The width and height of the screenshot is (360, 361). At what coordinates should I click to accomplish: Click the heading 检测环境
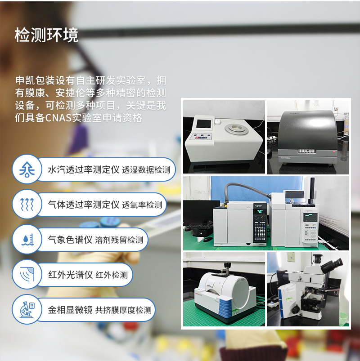[x=46, y=35]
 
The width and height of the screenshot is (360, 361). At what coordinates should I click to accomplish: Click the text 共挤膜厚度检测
[x=123, y=310]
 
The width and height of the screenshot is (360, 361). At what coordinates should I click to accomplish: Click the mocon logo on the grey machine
[x=307, y=151]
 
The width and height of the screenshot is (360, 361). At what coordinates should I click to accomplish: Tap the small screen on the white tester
[x=201, y=125]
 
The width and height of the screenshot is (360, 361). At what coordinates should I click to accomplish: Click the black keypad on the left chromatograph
[x=260, y=227]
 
